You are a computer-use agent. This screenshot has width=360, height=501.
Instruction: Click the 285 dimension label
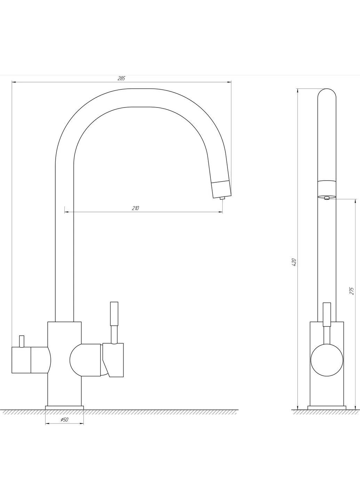click(x=121, y=78)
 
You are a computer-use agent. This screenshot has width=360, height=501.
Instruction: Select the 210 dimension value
click(x=136, y=208)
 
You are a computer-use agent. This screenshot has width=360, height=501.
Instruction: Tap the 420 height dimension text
click(x=294, y=262)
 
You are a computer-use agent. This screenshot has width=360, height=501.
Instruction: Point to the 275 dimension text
click(x=352, y=291)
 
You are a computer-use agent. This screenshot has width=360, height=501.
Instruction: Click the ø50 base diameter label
click(x=64, y=420)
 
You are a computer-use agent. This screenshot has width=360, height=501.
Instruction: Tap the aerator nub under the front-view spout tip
click(x=222, y=198)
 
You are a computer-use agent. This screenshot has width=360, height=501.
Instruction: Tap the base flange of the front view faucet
click(x=64, y=407)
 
